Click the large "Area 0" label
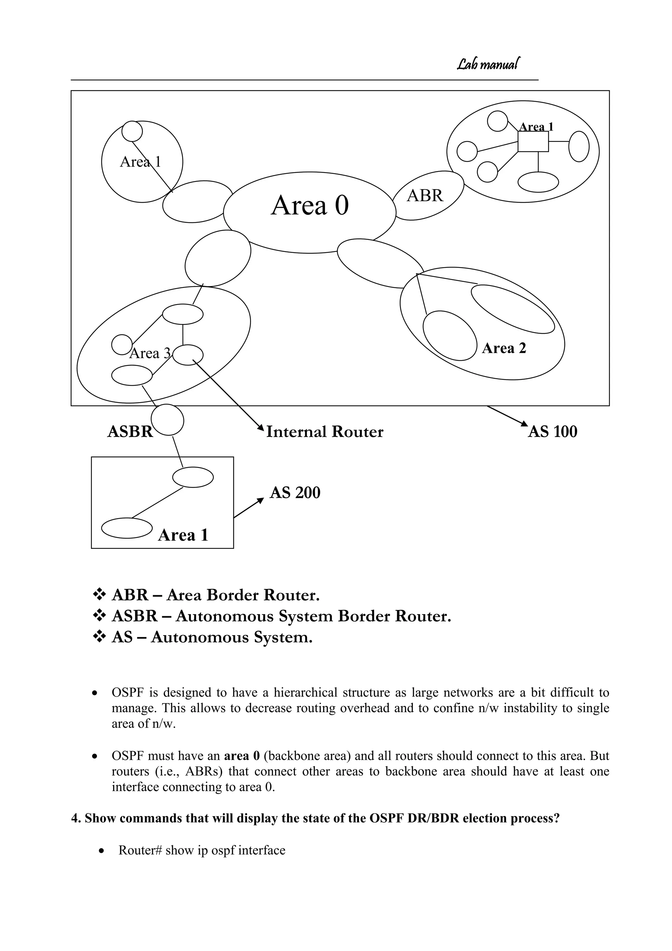pos(309,205)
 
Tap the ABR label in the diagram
pos(425,195)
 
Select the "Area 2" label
pos(504,348)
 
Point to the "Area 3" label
pos(150,353)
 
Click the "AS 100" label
pos(553,432)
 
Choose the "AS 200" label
pos(295,493)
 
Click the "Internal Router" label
pos(325,432)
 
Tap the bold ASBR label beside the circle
pos(130,432)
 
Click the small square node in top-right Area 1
pos(534,142)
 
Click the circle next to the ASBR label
pos(167,420)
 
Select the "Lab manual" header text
pos(489,64)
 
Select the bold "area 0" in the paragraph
pos(241,756)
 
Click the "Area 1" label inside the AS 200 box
pos(183,535)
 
